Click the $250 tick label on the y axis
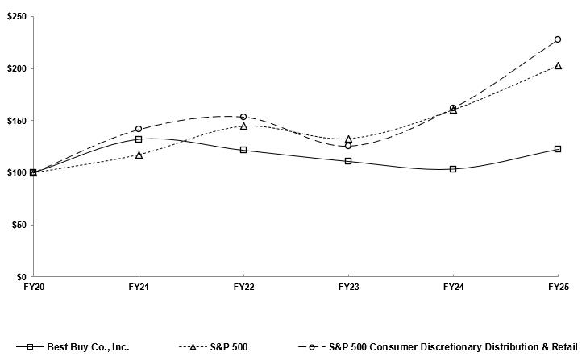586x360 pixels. pos(15,17)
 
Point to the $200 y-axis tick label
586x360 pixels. pos(15,68)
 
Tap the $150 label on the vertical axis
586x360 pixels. pos(15,121)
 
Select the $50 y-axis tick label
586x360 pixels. pos(18,225)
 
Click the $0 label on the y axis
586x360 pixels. pos(21,276)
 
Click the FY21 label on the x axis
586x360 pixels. pos(139,287)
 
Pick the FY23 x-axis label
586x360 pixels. pos(348,287)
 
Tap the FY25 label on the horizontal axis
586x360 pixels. pos(558,287)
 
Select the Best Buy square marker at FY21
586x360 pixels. pos(139,139)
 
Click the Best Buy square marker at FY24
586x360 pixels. pos(453,169)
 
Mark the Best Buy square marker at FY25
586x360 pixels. pos(558,149)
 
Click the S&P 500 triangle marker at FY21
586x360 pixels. pos(139,155)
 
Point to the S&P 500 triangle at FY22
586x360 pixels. pos(243,126)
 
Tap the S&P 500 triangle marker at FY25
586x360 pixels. pos(558,66)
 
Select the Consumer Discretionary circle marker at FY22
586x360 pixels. pos(243,117)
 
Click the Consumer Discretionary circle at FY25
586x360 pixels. pos(558,39)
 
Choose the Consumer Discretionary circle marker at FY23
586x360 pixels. pos(348,146)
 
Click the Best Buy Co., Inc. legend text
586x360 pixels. pos(89,347)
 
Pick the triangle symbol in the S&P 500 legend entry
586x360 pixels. pos(193,347)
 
